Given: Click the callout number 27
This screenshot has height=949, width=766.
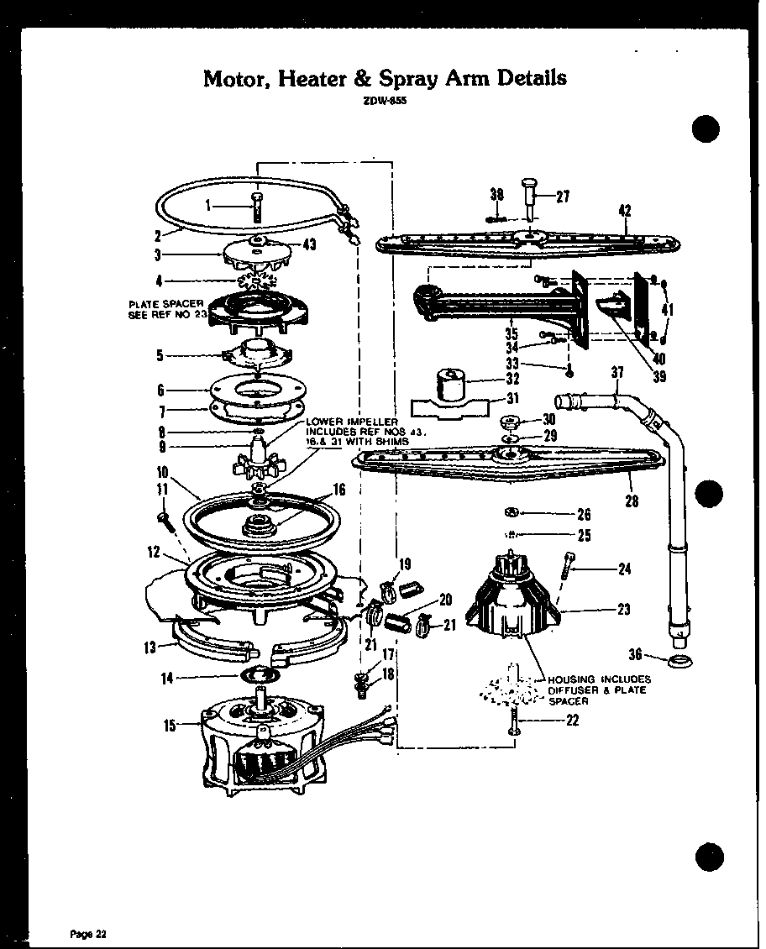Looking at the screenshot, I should click(563, 197).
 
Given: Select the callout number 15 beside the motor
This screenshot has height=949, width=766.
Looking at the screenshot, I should click(171, 726).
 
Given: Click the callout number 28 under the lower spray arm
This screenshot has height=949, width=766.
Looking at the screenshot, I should click(632, 501).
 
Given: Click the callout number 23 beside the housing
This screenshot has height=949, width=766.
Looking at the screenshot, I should click(623, 611).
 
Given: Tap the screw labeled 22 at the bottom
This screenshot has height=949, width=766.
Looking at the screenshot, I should click(512, 724).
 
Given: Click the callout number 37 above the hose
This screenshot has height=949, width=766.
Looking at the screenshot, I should click(617, 373).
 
